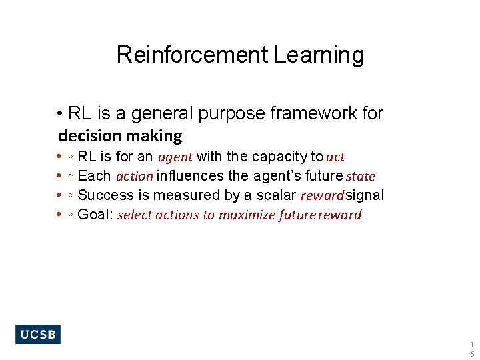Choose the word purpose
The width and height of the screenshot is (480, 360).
point(230,113)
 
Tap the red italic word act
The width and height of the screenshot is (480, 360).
point(335,157)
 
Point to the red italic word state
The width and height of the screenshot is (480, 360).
point(361,177)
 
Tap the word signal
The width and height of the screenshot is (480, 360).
point(365,195)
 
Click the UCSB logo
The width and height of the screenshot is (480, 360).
point(38,334)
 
